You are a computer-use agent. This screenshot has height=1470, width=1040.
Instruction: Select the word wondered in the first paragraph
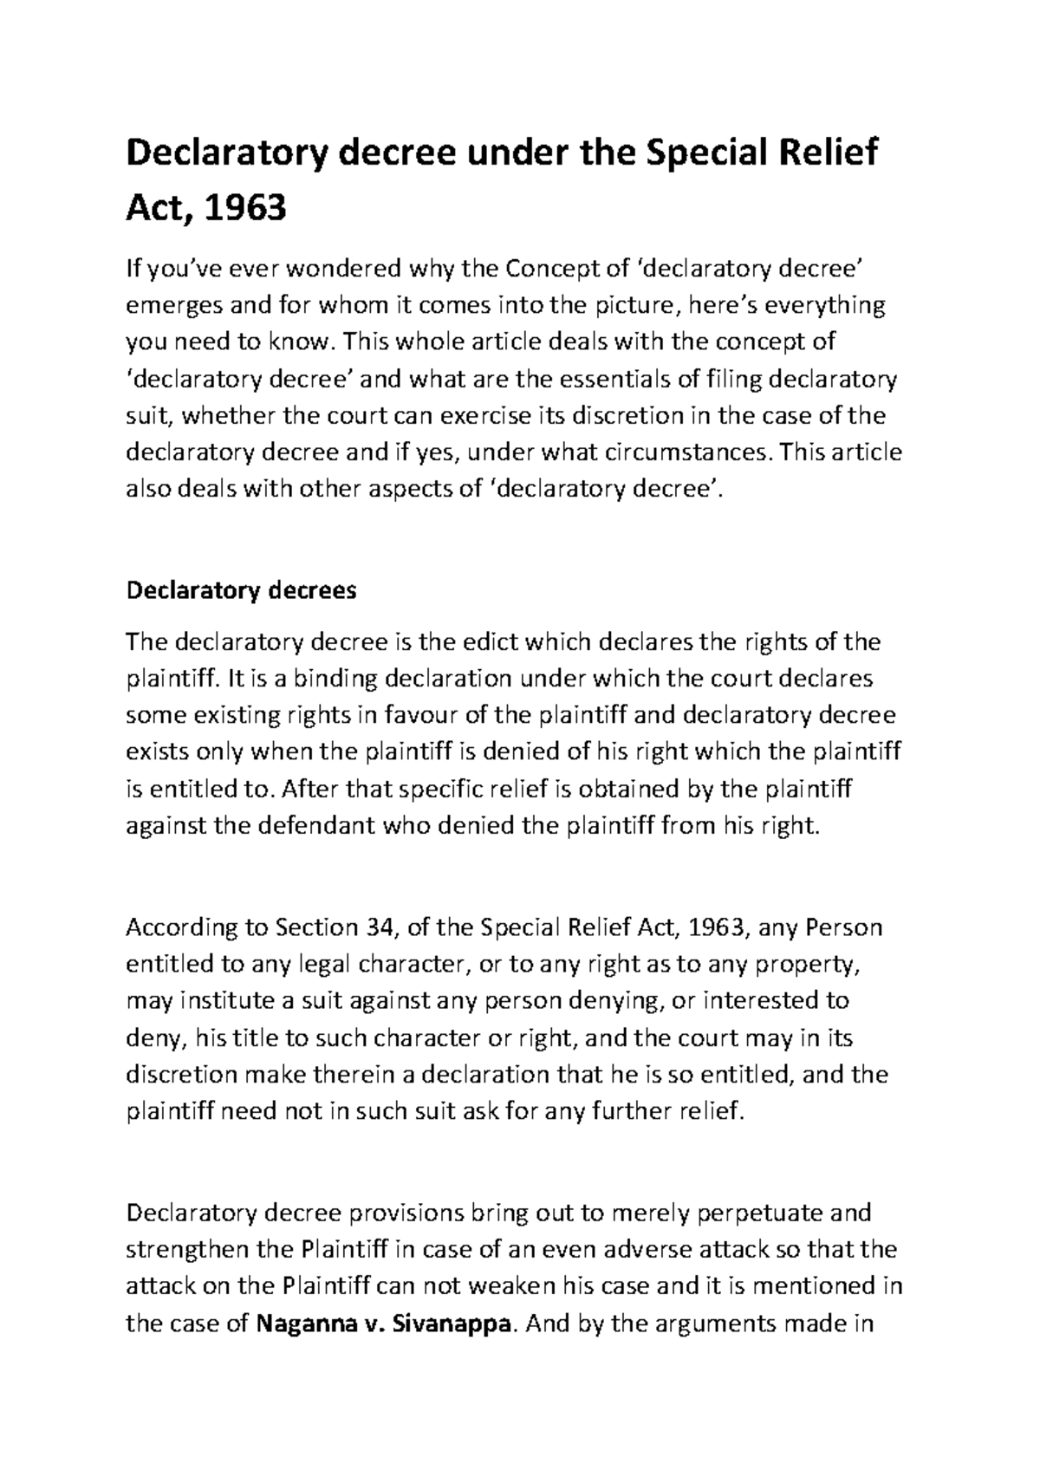coord(339,270)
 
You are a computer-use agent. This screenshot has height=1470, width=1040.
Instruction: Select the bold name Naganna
coord(304,1324)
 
